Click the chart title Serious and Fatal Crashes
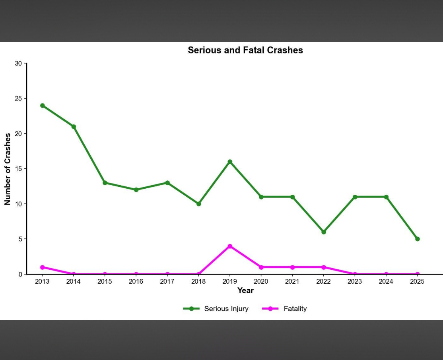[x=245, y=50]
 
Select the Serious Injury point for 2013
[x=43, y=106]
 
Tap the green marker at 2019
[x=230, y=162]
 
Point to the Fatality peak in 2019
[x=230, y=246]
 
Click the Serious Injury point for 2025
[x=417, y=239]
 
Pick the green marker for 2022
[x=324, y=232]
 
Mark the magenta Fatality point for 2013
[x=43, y=267]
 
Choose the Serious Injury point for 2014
[x=74, y=127]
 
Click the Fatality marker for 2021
[x=292, y=267]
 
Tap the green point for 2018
[x=199, y=204]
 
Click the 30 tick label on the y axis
[x=19, y=64]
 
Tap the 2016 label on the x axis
[x=136, y=282]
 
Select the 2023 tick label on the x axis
[x=355, y=282]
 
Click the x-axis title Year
[x=245, y=290]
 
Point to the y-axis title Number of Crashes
[x=8, y=169]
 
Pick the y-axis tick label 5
[x=20, y=239]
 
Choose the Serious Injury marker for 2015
[x=105, y=183]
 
